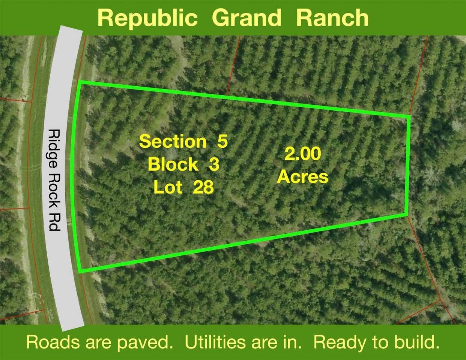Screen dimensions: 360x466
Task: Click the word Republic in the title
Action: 147,18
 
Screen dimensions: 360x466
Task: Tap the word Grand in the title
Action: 247,18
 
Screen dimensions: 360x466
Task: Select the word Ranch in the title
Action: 332,18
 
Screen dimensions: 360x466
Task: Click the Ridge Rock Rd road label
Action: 55,180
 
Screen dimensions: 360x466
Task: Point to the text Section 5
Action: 183,141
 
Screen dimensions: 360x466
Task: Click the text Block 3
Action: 183,164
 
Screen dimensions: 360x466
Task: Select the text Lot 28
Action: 183,187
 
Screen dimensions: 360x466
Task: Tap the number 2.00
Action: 303,154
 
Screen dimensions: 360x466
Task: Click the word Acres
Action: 303,177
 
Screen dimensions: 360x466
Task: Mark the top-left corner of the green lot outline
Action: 79,82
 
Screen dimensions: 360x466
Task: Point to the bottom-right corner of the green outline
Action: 407,214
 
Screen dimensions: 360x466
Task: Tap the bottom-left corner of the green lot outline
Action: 80,271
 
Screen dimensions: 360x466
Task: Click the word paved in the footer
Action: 144,343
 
